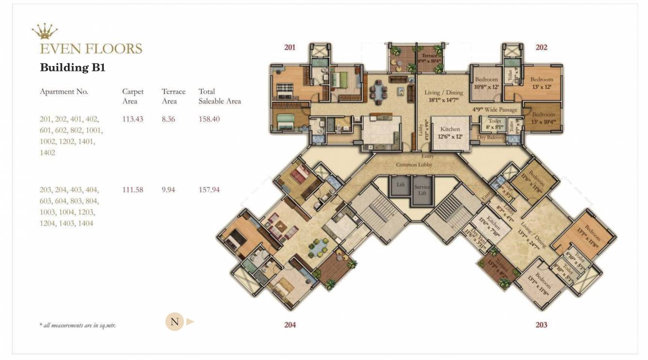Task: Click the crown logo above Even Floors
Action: coord(45,32)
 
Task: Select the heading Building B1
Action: coord(72,67)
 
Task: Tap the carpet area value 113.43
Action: coord(132,119)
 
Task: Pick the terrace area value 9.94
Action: coord(168,190)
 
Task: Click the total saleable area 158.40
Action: coord(209,119)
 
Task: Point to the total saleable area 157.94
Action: coord(209,190)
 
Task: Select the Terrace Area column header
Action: coord(173,96)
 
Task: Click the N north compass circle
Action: coord(175,322)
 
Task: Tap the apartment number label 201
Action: coord(290,47)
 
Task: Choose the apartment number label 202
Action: coord(541,47)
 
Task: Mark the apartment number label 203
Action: coord(541,325)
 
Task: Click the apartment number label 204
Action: coord(290,325)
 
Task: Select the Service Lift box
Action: coord(422,189)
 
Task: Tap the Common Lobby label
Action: coord(414,164)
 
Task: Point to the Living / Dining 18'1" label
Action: coord(443,96)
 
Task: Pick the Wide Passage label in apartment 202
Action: coord(495,110)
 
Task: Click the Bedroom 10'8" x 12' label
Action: coord(486,83)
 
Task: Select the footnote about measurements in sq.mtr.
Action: coord(78,325)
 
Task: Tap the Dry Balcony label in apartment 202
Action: coord(491,138)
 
